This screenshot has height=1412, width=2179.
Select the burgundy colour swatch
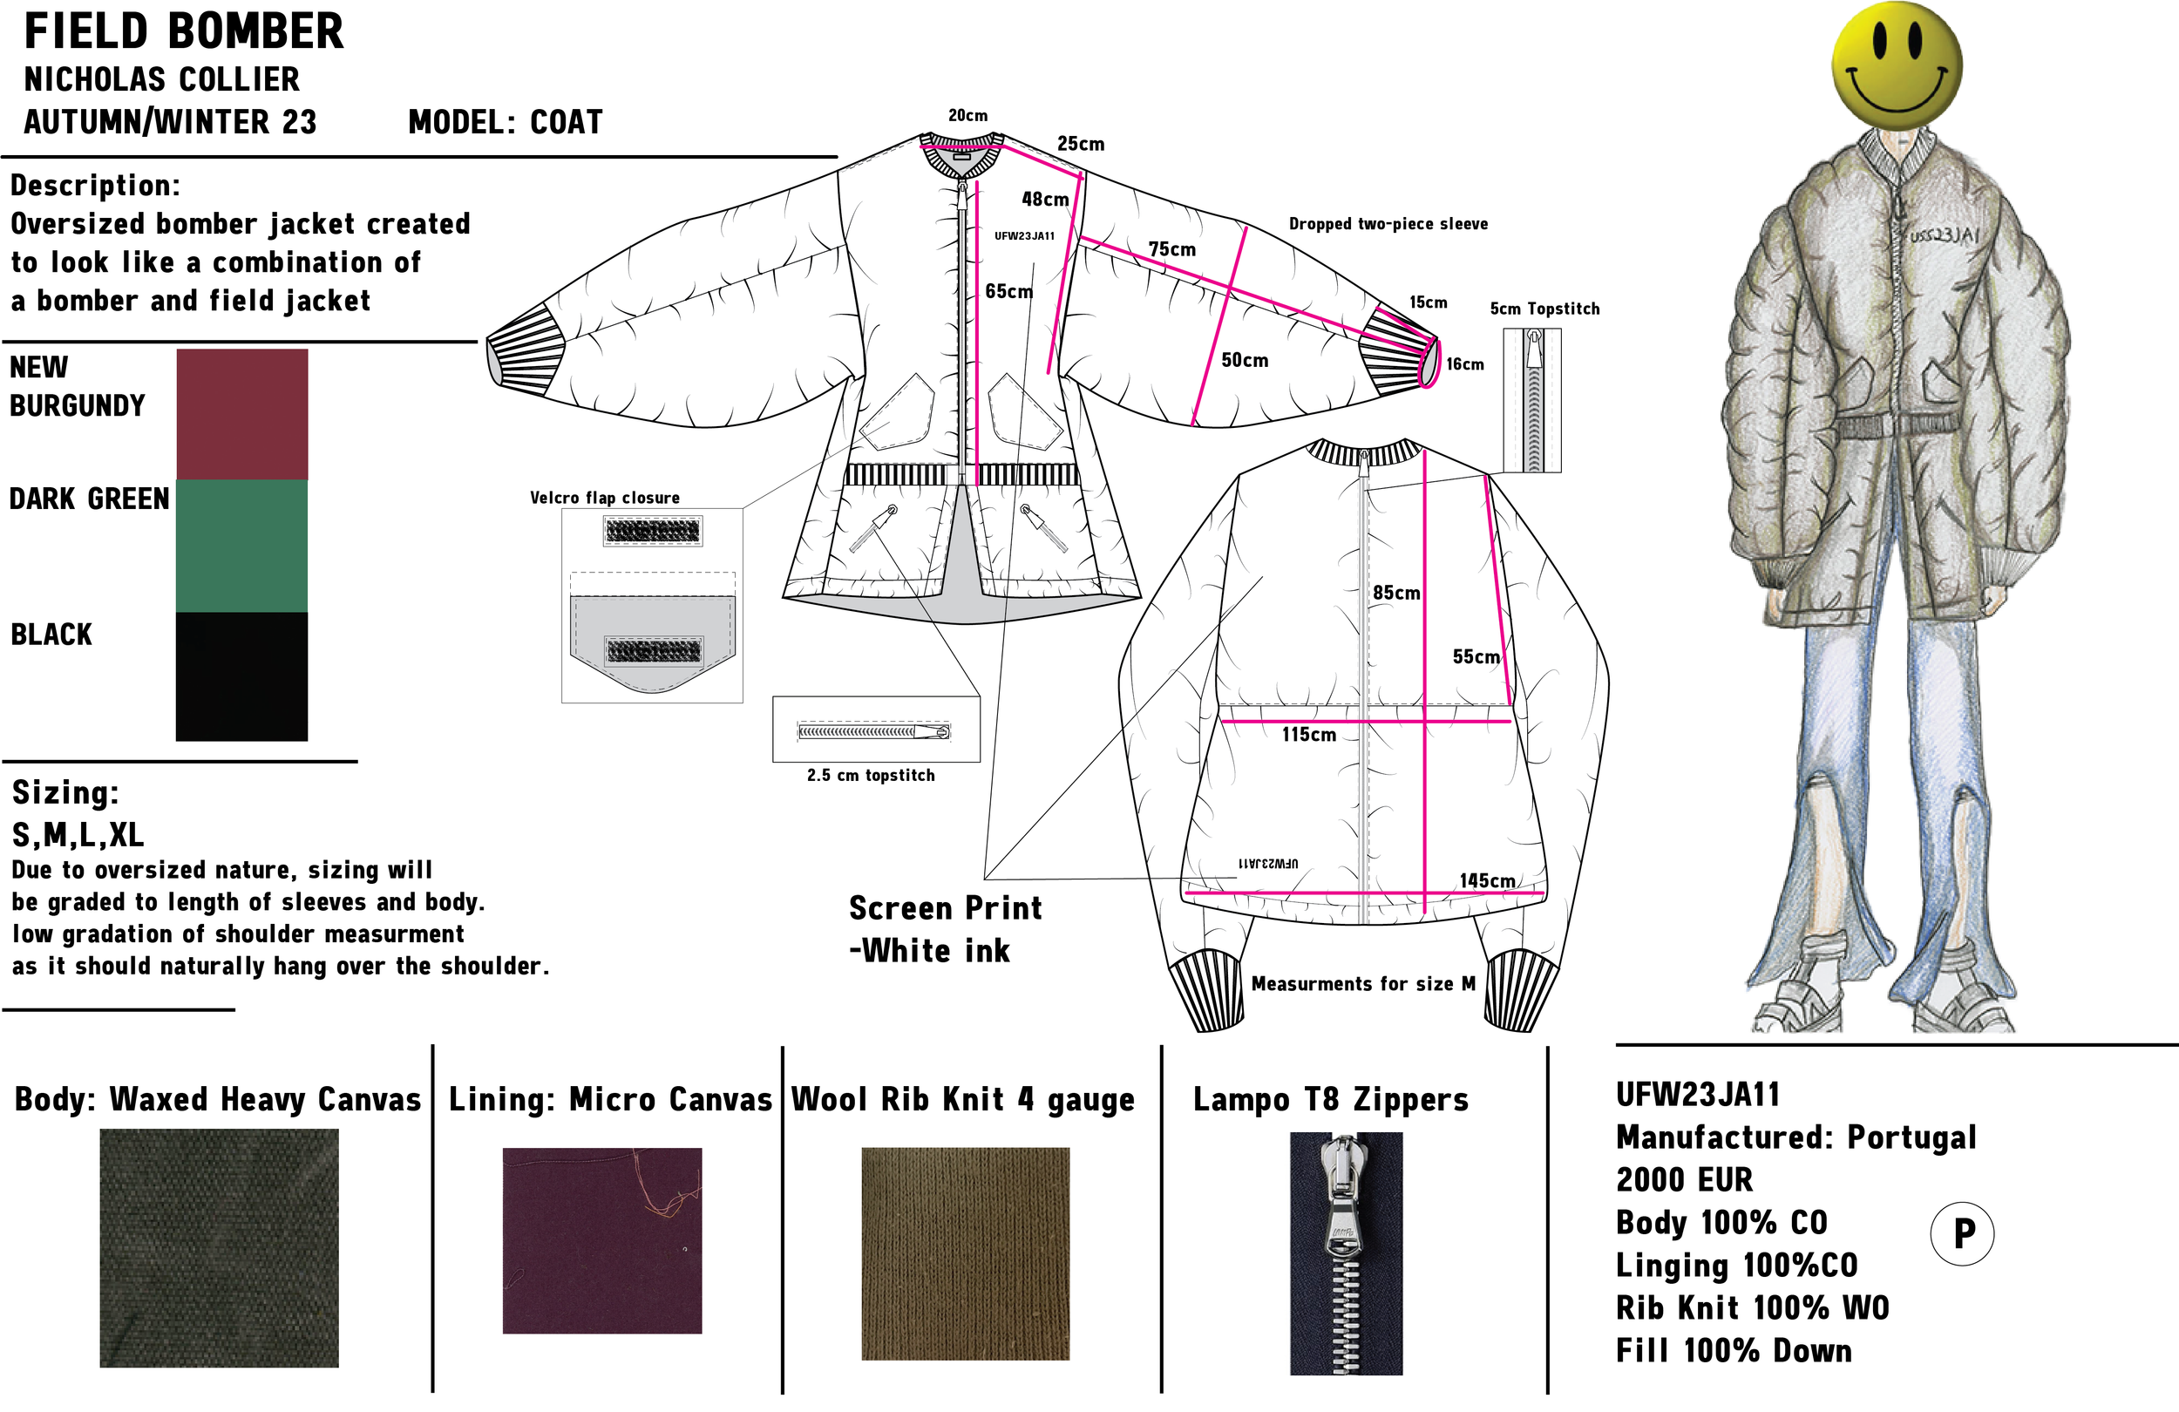tap(241, 414)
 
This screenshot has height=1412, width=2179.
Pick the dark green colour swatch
tap(241, 546)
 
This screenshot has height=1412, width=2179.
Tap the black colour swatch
tap(241, 675)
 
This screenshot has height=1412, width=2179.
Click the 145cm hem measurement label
tap(1487, 881)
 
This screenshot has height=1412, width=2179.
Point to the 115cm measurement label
tap(1308, 735)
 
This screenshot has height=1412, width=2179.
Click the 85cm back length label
tap(1396, 593)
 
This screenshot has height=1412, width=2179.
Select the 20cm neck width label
tap(967, 115)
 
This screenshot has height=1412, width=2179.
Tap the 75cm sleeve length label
tap(1172, 249)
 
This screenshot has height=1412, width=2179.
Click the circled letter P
tap(1963, 1233)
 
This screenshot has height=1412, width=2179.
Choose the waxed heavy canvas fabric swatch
tap(219, 1248)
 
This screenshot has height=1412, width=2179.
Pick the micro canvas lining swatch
tap(602, 1241)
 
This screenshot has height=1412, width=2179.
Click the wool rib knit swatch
tap(965, 1253)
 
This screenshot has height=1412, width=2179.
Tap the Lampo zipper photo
tap(1346, 1253)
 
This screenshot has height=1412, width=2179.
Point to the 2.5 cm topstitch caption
tap(871, 776)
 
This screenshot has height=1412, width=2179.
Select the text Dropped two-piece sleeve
tap(1388, 224)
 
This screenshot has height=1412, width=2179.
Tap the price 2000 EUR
tap(1684, 1179)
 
